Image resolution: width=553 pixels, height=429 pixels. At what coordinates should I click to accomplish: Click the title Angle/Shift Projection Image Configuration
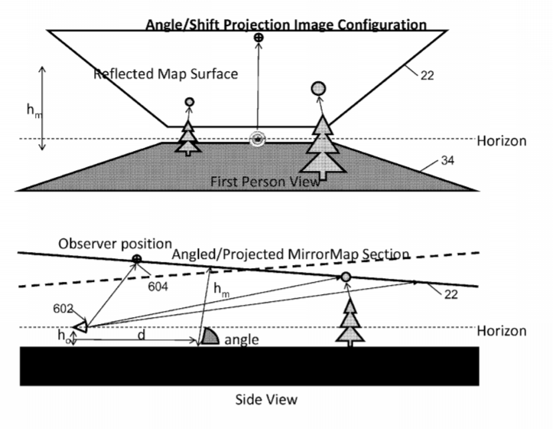point(286,25)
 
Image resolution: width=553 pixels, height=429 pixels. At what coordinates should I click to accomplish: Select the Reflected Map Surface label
point(166,74)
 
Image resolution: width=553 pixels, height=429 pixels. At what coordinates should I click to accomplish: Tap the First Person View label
point(265,182)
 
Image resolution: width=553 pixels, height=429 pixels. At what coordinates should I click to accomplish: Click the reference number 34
point(447,160)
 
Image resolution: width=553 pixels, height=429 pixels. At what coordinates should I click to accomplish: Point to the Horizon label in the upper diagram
point(502,141)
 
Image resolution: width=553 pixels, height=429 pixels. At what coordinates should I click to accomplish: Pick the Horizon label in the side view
point(502,331)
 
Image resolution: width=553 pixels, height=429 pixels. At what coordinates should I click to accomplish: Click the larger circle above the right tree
point(318,89)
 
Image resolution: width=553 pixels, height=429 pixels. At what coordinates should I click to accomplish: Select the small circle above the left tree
point(190,102)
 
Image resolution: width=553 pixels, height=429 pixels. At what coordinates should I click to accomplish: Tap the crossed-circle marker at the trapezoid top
point(259,37)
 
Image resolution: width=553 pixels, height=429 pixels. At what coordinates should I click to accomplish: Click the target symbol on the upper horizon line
point(258,139)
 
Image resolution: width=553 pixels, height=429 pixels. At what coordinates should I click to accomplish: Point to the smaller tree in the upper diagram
point(188,139)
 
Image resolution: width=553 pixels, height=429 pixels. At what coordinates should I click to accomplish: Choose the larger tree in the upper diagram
point(322,149)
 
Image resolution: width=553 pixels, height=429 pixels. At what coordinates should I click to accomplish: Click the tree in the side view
point(350,323)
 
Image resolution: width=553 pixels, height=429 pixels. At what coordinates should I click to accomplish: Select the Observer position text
point(115,244)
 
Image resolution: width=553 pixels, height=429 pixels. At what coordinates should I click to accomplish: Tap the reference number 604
point(158,287)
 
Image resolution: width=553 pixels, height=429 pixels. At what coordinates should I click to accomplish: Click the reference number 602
point(63,309)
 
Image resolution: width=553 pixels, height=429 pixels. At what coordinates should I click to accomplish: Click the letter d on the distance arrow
point(142,334)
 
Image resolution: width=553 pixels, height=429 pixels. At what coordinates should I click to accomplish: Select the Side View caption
point(266,400)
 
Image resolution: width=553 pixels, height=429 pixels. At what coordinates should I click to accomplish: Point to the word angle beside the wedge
point(242,340)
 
